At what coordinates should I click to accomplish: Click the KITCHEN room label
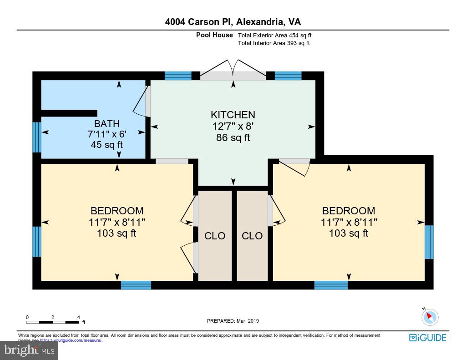pos(233,115)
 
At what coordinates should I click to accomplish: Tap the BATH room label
pos(107,123)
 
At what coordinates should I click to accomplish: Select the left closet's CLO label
pos(215,236)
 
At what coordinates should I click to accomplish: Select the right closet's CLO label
pos(252,236)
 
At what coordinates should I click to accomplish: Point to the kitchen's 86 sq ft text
pos(233,138)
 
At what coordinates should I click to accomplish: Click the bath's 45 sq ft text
pos(107,145)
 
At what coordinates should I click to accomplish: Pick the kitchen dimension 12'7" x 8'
pos(233,127)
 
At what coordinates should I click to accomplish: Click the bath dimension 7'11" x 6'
pos(107,134)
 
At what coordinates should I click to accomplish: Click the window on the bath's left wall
pos(37,137)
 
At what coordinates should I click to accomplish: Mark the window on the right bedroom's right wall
pos(429,242)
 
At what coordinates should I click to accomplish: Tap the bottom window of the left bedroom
pos(136,285)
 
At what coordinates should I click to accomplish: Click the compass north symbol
pos(430,317)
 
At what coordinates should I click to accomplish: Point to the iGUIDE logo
pos(427,338)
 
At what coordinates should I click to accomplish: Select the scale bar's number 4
pos(78,317)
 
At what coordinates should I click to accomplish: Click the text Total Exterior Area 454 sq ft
pos(274,35)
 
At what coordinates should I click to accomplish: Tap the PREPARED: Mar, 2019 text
pos(233,321)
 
